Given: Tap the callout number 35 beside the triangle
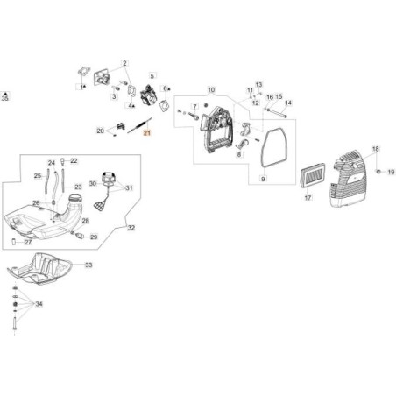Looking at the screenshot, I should (x=6, y=101).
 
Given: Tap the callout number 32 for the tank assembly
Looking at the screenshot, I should (x=131, y=228).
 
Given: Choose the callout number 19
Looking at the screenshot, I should (x=392, y=173).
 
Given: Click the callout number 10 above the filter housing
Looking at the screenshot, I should (x=210, y=90).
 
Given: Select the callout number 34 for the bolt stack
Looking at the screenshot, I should (x=38, y=305).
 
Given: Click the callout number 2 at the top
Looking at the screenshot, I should (x=124, y=63).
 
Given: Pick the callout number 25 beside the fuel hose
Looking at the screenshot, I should (x=39, y=175).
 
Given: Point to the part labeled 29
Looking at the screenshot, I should (x=83, y=236).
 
